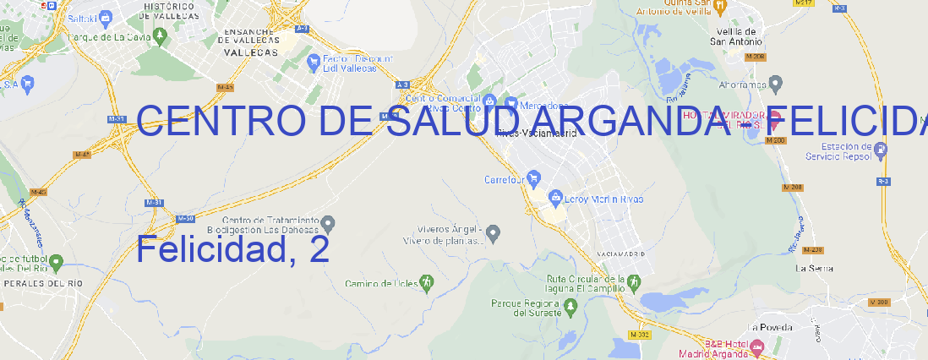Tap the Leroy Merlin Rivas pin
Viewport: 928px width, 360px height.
[x=555, y=199]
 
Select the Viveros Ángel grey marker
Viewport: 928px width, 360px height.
[x=494, y=232]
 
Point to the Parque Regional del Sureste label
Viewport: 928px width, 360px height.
[x=526, y=308]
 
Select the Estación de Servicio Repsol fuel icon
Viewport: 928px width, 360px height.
[x=881, y=150]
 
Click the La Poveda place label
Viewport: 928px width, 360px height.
[x=770, y=327]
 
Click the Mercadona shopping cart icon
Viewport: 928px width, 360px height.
[x=511, y=104]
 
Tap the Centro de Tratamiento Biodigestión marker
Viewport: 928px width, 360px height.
[x=329, y=224]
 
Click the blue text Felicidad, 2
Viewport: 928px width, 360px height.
[x=232, y=250]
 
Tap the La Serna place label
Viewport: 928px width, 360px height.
[x=815, y=268]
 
